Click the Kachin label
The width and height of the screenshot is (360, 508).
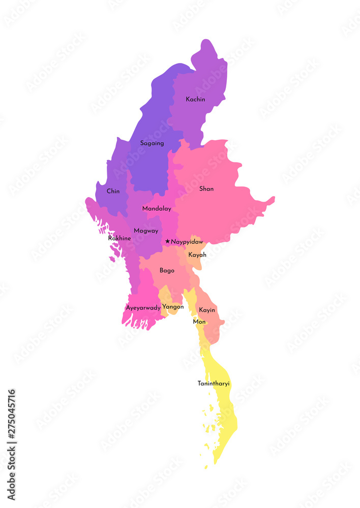coord(195,100)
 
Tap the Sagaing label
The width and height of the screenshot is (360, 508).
coord(152,143)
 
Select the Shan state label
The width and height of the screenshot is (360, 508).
coord(206,189)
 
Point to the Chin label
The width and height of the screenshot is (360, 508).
coord(113,192)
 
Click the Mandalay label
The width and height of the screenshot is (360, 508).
coord(157,209)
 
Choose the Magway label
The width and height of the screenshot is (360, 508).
coord(146,231)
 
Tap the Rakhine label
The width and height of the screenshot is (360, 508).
coord(119,238)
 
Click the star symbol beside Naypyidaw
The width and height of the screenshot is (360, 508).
coord(167,242)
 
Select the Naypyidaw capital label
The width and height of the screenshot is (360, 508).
coord(187,242)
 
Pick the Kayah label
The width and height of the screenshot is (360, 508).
coord(197,255)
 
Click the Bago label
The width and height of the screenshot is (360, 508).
coord(167,271)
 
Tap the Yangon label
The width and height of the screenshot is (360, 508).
coord(173,307)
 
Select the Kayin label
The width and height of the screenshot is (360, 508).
coord(207,310)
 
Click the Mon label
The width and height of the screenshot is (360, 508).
coord(199,322)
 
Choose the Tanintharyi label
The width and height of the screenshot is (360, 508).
coord(214,384)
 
